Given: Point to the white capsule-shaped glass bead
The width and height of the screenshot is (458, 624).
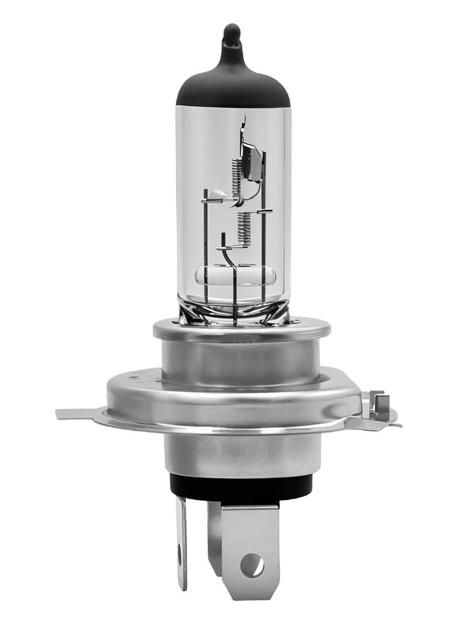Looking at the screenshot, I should pyautogui.click(x=236, y=277).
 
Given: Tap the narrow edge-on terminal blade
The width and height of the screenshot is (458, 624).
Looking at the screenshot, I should pyautogui.click(x=182, y=543).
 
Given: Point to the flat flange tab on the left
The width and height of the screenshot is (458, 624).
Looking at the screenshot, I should pyautogui.click(x=77, y=413).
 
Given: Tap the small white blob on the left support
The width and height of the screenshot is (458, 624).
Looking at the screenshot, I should pyautogui.click(x=213, y=195).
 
